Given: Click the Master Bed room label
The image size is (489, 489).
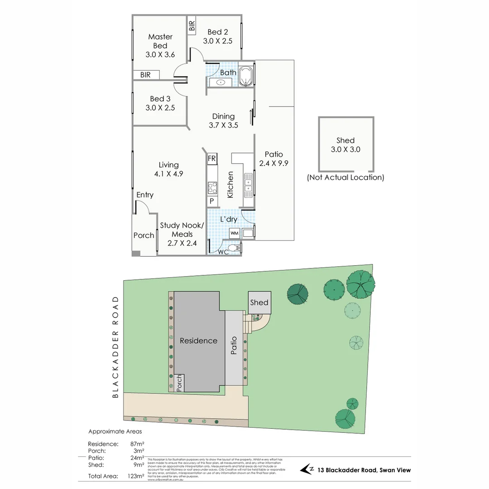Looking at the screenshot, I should click(160, 41).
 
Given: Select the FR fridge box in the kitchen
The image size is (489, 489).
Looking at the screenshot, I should click(212, 159).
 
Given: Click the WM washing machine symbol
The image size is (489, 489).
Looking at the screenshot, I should click(234, 233).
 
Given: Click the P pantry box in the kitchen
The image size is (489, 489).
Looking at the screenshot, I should click(211, 200).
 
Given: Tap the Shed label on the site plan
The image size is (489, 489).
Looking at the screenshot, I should click(259, 302).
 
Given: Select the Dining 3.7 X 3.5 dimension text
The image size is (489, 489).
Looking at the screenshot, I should click(223, 125).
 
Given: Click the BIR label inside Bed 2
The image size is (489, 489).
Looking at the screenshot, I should click(192, 26).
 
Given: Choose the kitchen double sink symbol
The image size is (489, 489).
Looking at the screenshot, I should click(248, 186).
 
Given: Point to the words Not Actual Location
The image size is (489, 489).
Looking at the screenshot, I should click(345, 177).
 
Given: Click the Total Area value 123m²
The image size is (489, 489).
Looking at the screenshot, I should click(137, 476).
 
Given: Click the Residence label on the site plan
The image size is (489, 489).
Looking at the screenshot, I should click(198, 340).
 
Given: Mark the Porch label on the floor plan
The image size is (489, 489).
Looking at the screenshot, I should click(144, 235).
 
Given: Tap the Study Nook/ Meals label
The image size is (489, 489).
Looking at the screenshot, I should click(182, 230).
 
